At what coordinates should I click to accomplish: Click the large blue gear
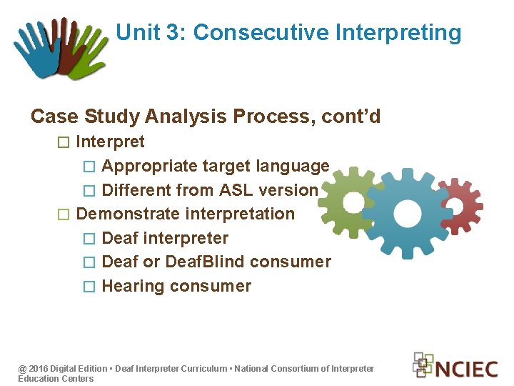(x=408, y=211)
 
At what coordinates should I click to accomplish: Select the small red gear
(x=460, y=201)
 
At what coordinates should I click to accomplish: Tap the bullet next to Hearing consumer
(x=89, y=287)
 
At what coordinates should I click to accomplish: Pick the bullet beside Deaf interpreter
(x=89, y=239)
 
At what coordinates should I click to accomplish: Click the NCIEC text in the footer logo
(x=467, y=369)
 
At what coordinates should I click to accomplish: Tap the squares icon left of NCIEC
(x=423, y=364)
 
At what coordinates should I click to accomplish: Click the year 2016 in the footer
(x=39, y=369)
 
